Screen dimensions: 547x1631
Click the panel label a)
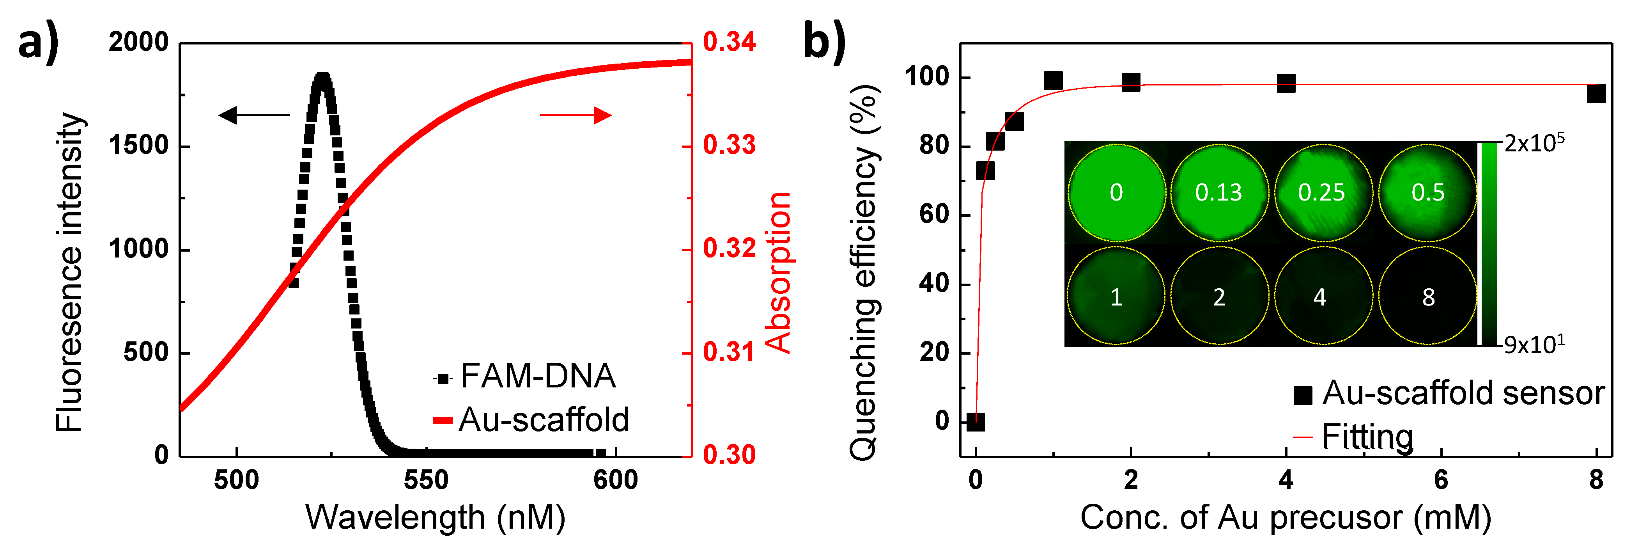pos(38,43)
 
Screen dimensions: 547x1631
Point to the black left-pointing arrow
pos(253,115)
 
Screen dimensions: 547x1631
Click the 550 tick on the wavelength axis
pos(426,480)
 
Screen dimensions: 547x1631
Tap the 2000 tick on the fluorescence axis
pos(139,43)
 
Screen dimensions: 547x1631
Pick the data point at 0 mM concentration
pos(976,421)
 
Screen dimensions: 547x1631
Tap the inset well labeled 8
pos(1428,297)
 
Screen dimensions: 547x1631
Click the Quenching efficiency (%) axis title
pos(864,273)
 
